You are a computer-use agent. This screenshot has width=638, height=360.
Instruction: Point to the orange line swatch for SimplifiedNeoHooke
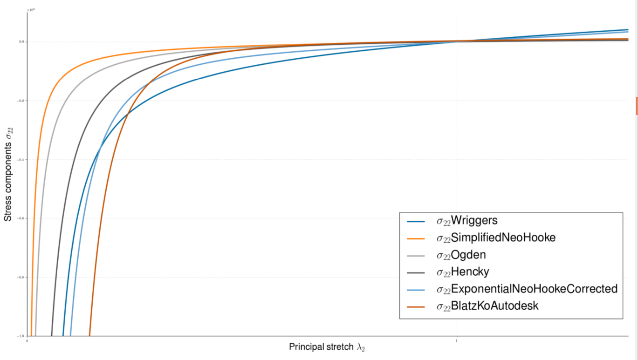tap(416, 238)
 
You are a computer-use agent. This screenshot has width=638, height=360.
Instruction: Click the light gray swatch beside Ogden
tap(416, 255)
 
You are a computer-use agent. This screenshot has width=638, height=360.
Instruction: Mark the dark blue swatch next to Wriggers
tap(416, 221)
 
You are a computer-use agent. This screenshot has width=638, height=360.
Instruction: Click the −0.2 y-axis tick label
tap(21, 101)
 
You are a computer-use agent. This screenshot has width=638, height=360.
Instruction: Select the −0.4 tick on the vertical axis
tap(21, 160)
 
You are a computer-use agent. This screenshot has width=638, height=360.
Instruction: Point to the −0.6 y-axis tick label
tap(21, 218)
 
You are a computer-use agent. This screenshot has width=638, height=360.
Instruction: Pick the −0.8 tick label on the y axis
tap(21, 278)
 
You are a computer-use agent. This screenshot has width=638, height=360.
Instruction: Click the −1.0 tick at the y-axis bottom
tap(21, 336)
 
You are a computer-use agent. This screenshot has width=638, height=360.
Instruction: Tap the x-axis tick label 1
tap(456, 341)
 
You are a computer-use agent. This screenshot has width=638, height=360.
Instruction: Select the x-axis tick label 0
tap(27, 341)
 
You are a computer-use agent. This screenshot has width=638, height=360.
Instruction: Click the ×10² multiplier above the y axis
tap(31, 9)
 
